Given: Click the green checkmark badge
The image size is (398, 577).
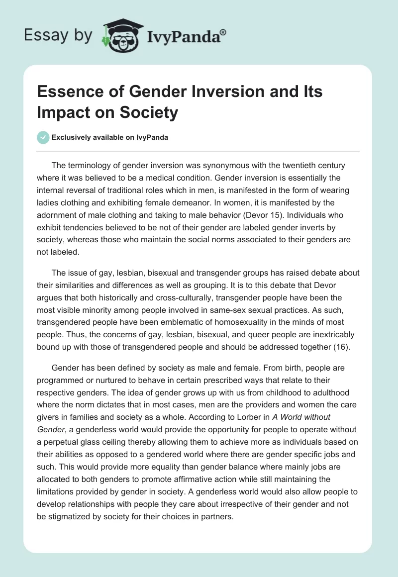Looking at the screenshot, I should coord(43,137).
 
